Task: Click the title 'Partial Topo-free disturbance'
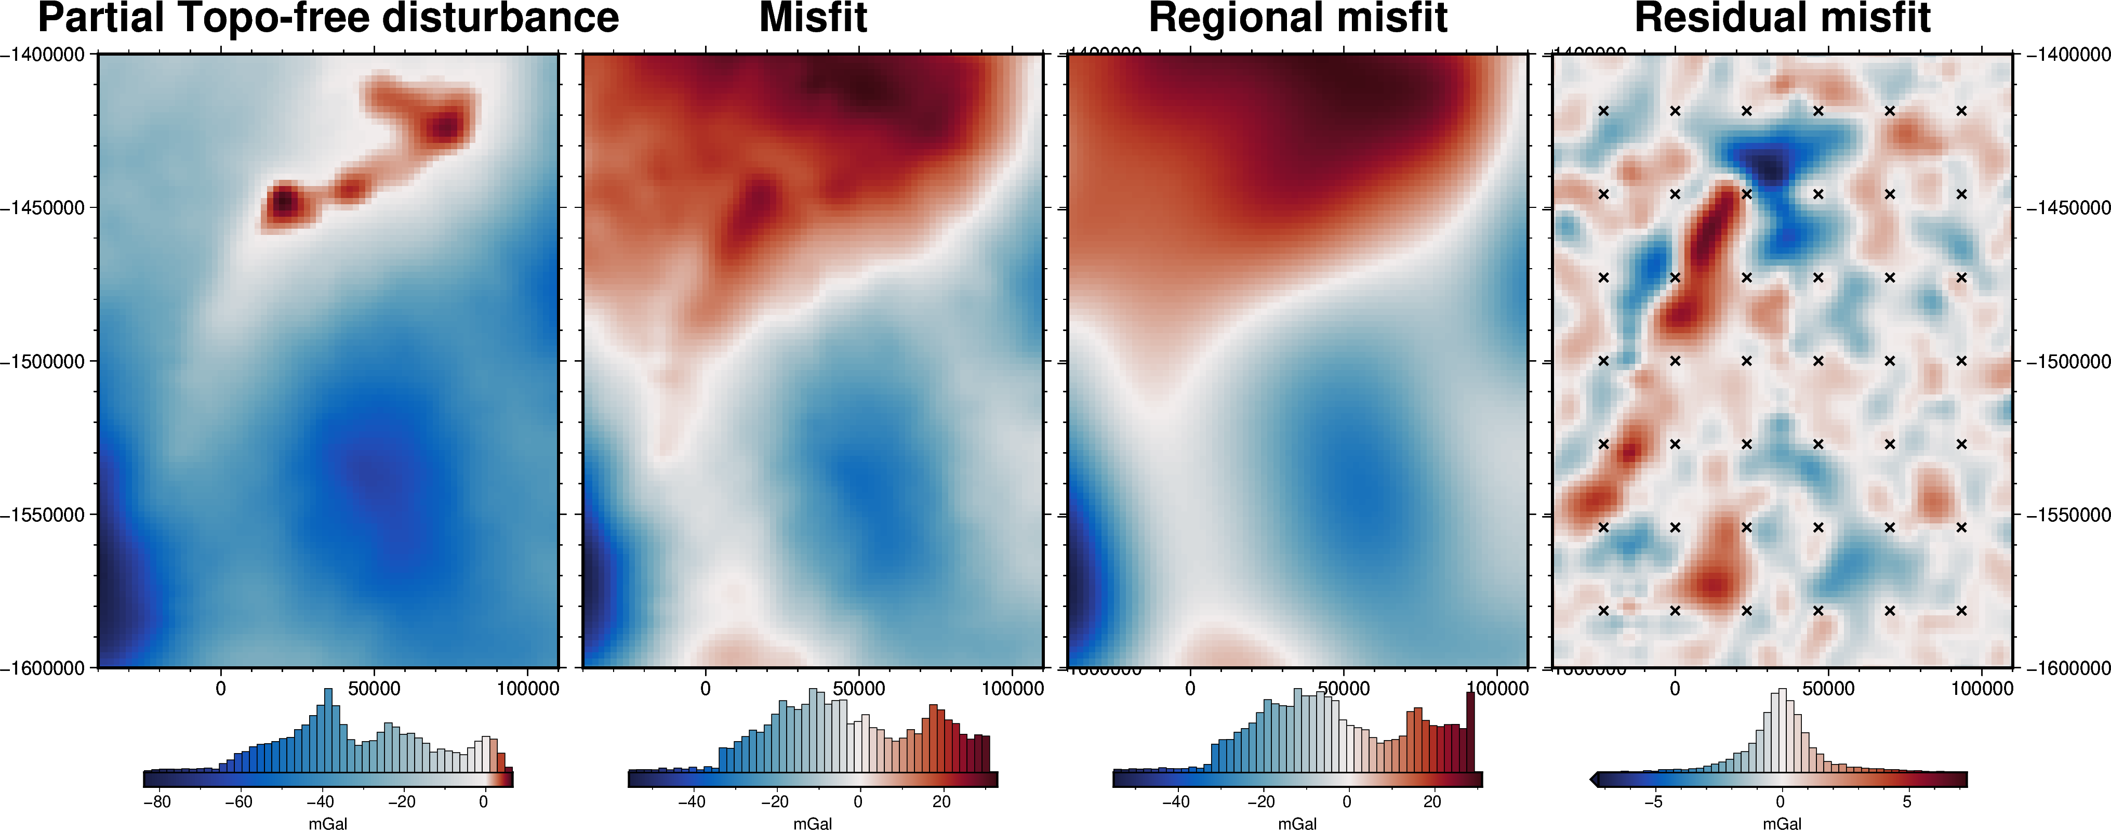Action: tap(328, 18)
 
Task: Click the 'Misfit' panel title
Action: tap(813, 18)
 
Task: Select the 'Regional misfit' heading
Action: tap(1298, 18)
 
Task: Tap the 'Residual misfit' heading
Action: tap(1783, 18)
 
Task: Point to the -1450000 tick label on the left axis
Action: tap(43, 208)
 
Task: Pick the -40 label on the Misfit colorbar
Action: tap(691, 802)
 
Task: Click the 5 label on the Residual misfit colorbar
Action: tap(1907, 802)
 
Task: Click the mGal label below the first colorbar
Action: tap(328, 823)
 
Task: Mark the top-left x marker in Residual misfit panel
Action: tap(1604, 111)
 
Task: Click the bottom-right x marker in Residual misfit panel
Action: tap(1961, 610)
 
